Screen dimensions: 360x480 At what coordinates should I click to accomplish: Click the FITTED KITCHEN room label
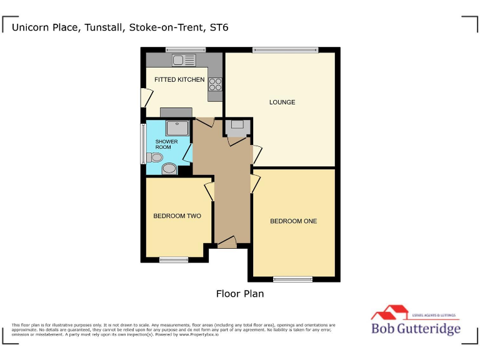(x=179, y=80)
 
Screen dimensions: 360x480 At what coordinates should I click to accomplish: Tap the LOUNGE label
(x=282, y=102)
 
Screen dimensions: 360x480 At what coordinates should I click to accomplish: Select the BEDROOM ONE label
(x=293, y=221)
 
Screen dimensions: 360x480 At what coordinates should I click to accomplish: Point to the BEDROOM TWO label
(x=177, y=216)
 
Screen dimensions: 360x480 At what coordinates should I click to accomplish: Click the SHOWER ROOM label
(x=167, y=144)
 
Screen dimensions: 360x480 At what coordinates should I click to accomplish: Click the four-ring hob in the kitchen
(x=216, y=84)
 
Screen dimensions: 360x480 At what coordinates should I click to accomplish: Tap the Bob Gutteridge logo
(x=416, y=322)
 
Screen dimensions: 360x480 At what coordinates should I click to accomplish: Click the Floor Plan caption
(x=240, y=293)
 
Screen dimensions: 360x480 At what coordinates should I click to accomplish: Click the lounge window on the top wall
(x=284, y=49)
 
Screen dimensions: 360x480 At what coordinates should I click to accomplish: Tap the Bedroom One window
(x=292, y=279)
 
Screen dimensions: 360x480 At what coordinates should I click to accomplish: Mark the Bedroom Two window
(x=173, y=259)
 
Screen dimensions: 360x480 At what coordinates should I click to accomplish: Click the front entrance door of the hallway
(x=227, y=242)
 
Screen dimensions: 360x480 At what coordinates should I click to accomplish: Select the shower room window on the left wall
(x=143, y=144)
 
